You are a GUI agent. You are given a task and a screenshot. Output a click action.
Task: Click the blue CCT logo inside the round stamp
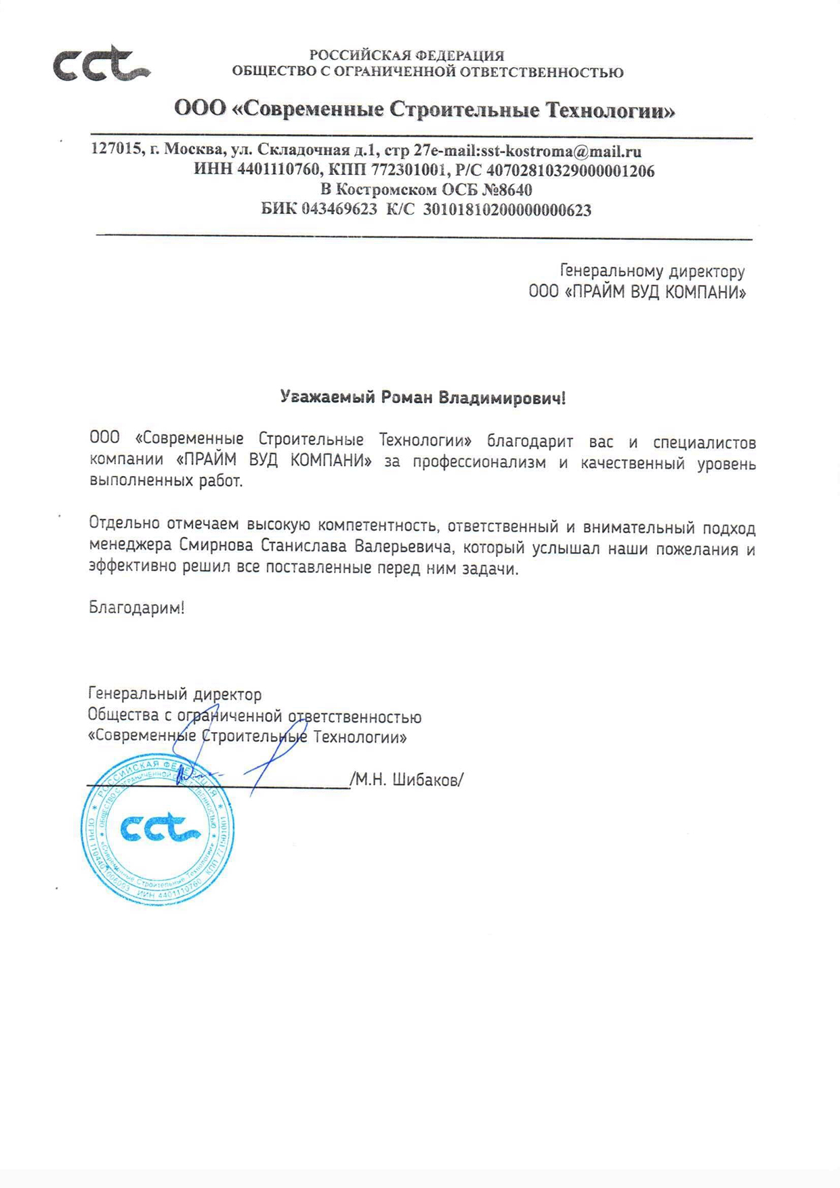click(x=160, y=828)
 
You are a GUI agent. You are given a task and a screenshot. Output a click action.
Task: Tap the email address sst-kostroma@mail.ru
click(x=560, y=151)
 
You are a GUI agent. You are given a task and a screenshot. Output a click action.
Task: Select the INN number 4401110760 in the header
click(x=278, y=170)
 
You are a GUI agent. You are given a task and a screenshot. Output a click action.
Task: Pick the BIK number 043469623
click(x=339, y=209)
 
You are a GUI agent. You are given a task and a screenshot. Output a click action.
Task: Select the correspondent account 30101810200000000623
click(x=507, y=210)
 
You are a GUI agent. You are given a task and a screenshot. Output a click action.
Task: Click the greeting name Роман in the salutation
click(x=406, y=398)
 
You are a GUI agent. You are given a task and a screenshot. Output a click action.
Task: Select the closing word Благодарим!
click(x=136, y=608)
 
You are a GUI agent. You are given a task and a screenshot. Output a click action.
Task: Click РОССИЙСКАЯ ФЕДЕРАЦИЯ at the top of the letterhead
click(x=406, y=56)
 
